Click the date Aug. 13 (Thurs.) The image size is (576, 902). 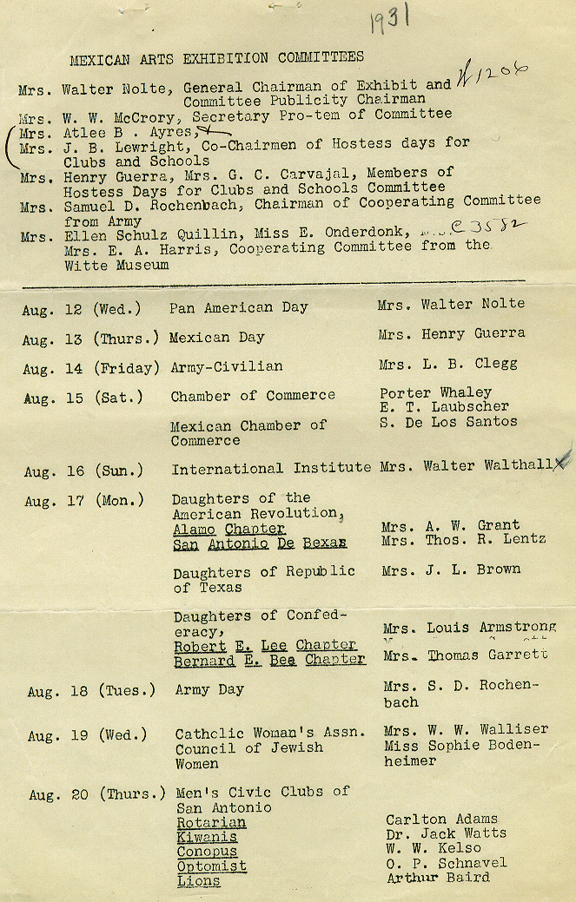(x=91, y=338)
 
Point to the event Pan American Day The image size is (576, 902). (x=239, y=307)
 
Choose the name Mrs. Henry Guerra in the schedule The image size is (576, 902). (x=451, y=333)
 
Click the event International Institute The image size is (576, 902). (x=271, y=469)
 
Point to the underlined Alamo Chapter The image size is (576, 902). (x=228, y=529)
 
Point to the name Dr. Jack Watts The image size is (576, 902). (x=446, y=833)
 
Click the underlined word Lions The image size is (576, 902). (x=198, y=881)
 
